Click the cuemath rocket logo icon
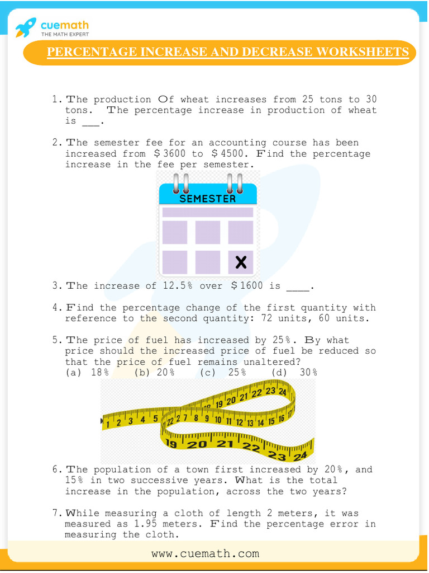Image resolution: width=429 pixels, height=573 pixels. pyautogui.click(x=26, y=26)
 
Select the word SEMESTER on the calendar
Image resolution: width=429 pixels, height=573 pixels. pyautogui.click(x=207, y=199)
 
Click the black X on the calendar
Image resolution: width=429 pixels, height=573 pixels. pyautogui.click(x=241, y=262)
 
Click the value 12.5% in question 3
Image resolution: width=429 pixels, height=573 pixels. pyautogui.click(x=178, y=285)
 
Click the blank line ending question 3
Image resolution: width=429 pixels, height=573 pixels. pyautogui.click(x=297, y=286)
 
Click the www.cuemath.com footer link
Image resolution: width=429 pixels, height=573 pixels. pyautogui.click(x=205, y=553)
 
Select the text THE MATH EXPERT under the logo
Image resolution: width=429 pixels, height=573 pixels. pyautogui.click(x=65, y=35)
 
